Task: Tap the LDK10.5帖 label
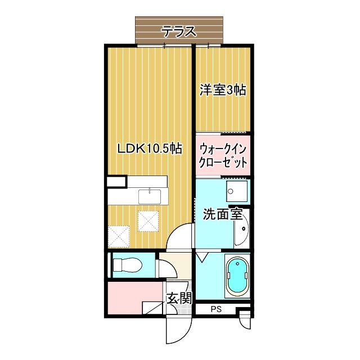coord(149,149)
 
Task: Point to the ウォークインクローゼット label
coord(223,156)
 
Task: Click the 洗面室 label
coord(222,214)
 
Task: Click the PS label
coord(216,309)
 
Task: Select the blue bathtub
coord(237,277)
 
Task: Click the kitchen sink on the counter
coord(150,196)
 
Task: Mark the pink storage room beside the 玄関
coord(133,299)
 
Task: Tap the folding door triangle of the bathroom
coord(202,256)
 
